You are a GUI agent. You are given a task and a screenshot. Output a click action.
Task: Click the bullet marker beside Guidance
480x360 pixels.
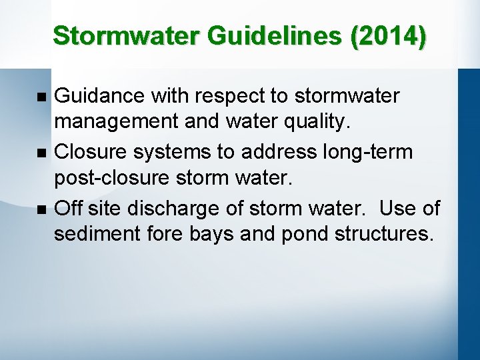[42, 97]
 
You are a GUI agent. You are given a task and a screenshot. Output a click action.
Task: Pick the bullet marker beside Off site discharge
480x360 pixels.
[42, 209]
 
